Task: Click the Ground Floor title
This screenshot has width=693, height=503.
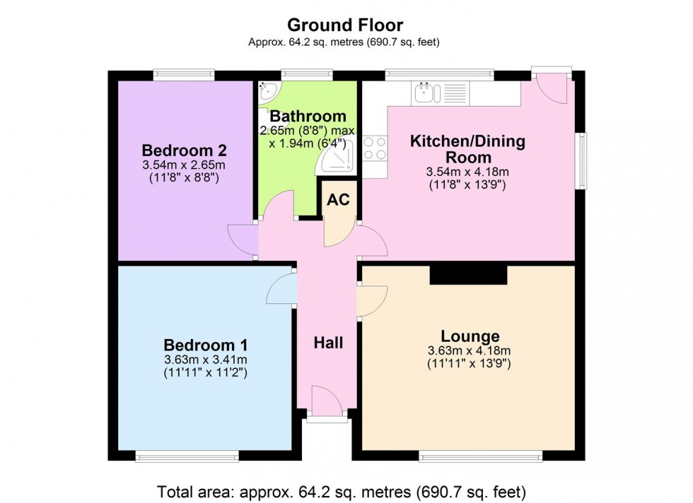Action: [x=345, y=25]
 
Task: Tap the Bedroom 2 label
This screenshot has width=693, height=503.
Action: [x=183, y=150]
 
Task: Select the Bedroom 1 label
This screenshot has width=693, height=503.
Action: [x=205, y=345]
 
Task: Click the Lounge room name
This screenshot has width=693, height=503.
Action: [x=470, y=336]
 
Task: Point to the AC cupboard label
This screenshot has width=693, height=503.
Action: [x=338, y=201]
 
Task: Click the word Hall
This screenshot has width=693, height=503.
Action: [x=329, y=343]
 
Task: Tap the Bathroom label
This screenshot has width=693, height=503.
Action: [x=308, y=116]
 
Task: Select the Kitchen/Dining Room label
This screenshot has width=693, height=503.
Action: [x=468, y=148]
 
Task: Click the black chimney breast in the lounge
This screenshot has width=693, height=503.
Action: [x=468, y=274]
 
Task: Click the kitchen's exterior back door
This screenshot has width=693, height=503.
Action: [x=553, y=88]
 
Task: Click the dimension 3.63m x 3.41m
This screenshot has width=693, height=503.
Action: [x=204, y=359]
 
